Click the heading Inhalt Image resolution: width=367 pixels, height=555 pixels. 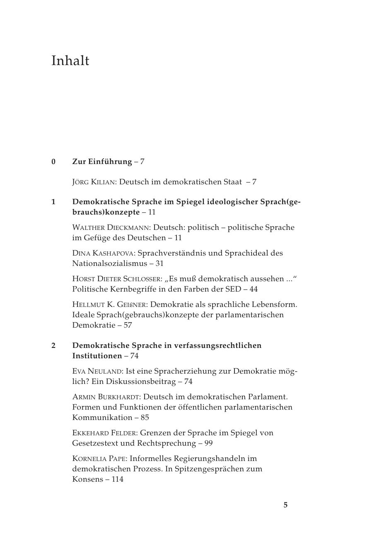(70, 60)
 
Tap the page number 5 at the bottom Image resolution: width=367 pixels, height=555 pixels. (285, 505)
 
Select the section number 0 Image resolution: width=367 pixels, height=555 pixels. (53, 162)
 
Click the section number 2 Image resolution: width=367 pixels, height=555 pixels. (53, 345)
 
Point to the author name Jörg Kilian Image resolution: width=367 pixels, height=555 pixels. (94, 182)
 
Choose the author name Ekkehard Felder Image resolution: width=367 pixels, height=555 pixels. (104, 433)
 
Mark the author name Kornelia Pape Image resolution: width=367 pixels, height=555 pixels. (99, 458)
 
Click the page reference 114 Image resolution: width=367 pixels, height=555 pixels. (117, 479)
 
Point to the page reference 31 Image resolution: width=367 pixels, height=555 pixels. (159, 263)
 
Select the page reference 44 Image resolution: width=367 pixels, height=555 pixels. (254, 289)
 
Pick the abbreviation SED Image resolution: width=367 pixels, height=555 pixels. (234, 289)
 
